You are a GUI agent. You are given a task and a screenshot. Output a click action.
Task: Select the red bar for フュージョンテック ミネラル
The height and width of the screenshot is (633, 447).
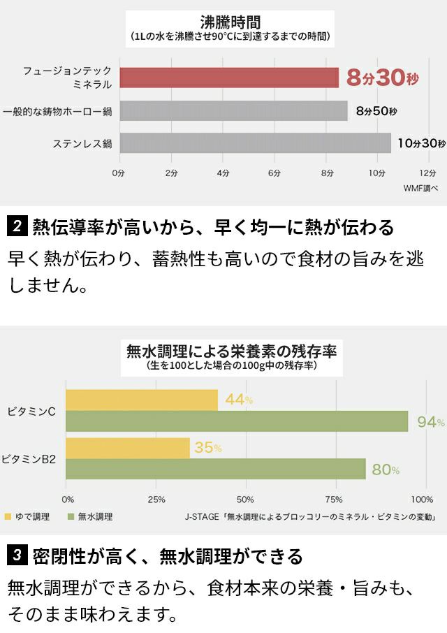tap(229, 78)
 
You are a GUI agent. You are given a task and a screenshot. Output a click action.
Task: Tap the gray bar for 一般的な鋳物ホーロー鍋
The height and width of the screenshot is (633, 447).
tap(233, 110)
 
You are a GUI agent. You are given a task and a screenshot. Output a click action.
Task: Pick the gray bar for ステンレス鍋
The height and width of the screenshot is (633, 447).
tap(255, 143)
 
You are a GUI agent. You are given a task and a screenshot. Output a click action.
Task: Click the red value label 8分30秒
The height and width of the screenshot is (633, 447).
tap(380, 78)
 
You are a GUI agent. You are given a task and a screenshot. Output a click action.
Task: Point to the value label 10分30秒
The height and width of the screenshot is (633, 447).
tap(420, 143)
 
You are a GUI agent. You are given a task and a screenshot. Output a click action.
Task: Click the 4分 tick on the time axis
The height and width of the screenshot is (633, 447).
tap(223, 172)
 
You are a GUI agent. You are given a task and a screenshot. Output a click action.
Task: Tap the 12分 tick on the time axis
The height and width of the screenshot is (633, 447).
tap(427, 172)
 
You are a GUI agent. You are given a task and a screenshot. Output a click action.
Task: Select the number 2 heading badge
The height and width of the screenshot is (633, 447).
tap(17, 227)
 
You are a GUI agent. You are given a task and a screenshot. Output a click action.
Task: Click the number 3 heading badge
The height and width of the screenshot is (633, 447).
tap(17, 556)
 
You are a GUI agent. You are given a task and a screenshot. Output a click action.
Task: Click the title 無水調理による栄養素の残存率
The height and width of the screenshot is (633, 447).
tap(231, 350)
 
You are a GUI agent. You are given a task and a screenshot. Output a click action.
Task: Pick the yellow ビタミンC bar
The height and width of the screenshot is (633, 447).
tap(142, 400)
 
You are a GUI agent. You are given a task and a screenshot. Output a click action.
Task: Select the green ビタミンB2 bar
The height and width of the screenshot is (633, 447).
tap(216, 469)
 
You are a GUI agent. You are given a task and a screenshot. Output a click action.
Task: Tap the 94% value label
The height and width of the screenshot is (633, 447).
tap(430, 421)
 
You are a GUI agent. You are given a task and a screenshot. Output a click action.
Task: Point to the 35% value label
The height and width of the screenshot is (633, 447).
tap(207, 449)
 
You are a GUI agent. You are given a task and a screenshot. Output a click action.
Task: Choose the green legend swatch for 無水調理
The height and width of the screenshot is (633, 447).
tap(71, 517)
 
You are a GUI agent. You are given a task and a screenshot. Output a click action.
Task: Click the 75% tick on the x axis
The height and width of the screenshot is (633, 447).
tap(334, 500)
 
